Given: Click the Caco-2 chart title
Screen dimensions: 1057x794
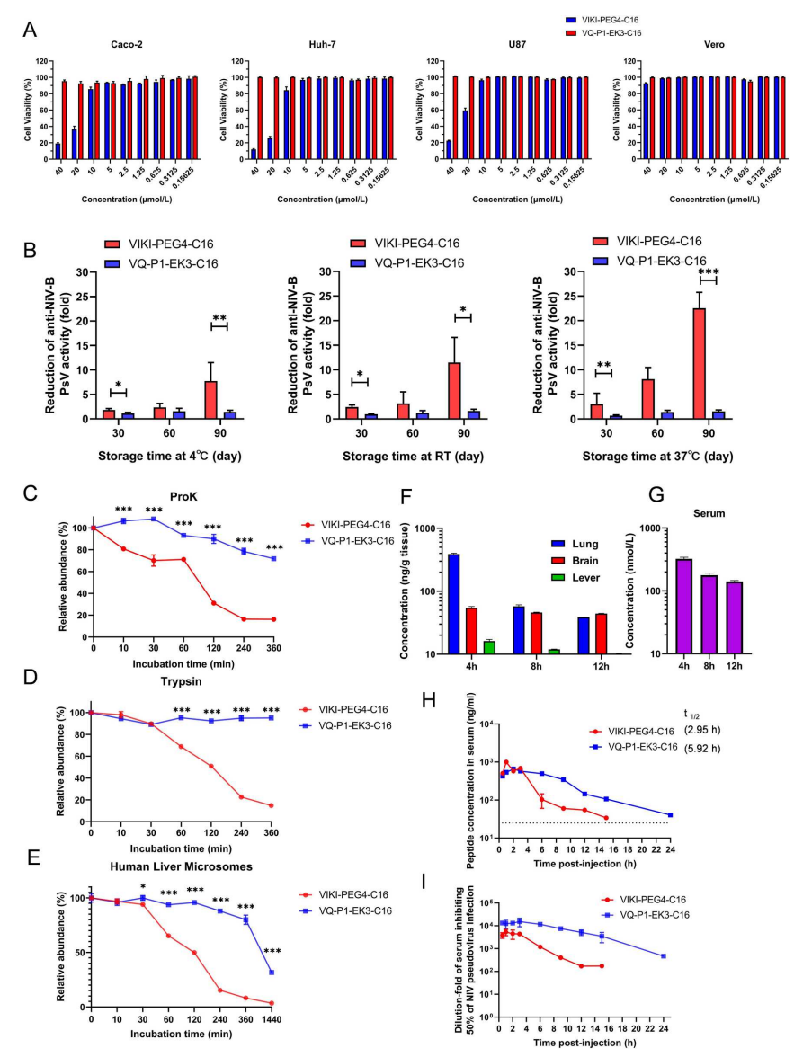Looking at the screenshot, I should click(x=96, y=43).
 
